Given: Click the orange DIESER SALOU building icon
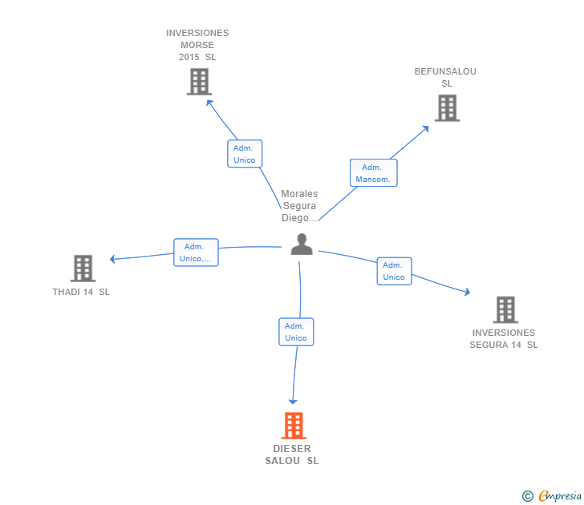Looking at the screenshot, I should (294, 425).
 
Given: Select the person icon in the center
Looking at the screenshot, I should (302, 244).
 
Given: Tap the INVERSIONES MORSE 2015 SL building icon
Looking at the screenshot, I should (198, 81).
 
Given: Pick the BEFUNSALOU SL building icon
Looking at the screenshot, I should (447, 107).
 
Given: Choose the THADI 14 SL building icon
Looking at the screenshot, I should (83, 268).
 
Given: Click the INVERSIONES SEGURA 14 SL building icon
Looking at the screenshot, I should (505, 309).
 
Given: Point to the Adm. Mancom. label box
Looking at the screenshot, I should (373, 173).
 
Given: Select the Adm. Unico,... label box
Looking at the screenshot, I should (196, 252).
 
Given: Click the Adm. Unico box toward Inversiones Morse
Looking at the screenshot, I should (244, 154).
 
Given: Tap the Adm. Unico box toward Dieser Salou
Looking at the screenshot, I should (295, 332).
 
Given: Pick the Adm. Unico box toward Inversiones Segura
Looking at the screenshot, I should (394, 271).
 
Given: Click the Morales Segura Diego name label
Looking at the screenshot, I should (299, 206).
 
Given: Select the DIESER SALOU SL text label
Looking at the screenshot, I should (292, 454).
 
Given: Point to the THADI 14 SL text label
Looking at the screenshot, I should (81, 292).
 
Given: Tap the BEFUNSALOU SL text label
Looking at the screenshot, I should (445, 77).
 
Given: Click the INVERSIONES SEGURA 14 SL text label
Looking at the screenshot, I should (504, 338).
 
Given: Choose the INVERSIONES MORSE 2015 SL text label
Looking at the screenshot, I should (197, 45).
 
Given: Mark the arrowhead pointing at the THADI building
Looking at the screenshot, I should (113, 259).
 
